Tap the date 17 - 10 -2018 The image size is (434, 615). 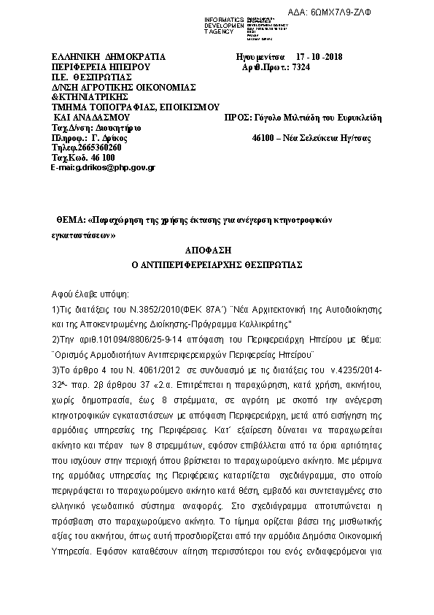coord(323,57)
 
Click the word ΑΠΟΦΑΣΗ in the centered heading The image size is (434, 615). coord(217,250)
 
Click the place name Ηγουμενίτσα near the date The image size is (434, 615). coord(260,57)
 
